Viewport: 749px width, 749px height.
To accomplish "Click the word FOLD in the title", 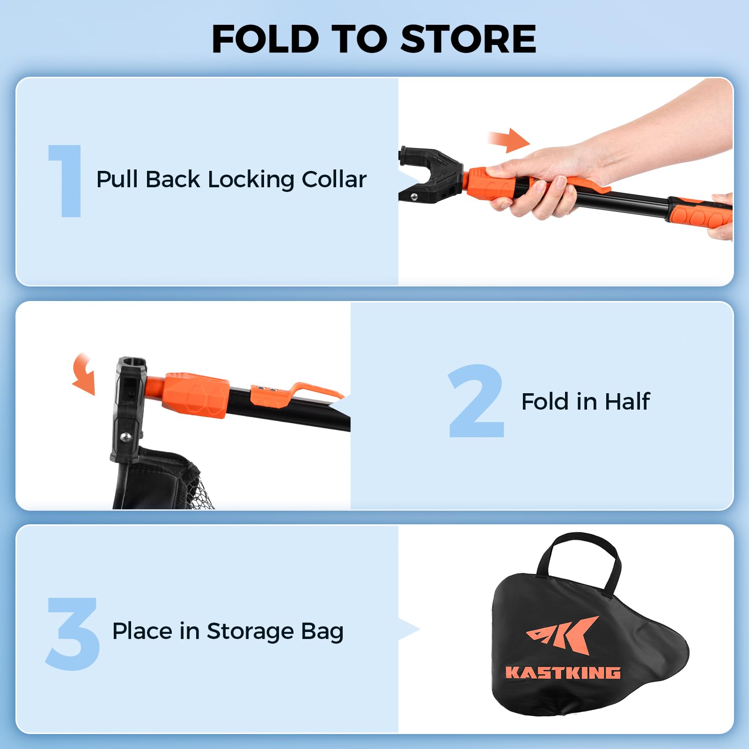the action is click(265, 39).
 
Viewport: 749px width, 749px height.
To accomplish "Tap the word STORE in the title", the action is click(469, 39).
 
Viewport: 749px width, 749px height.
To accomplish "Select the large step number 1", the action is click(66, 181).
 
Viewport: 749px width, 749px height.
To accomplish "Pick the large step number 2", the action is click(476, 401).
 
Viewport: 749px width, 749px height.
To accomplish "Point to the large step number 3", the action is click(72, 633).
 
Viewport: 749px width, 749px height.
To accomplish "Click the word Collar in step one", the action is click(334, 179).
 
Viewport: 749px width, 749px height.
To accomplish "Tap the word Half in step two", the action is click(627, 402).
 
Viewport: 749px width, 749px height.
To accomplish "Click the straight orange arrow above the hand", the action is click(509, 140).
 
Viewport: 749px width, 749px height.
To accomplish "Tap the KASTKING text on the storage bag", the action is click(563, 673).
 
